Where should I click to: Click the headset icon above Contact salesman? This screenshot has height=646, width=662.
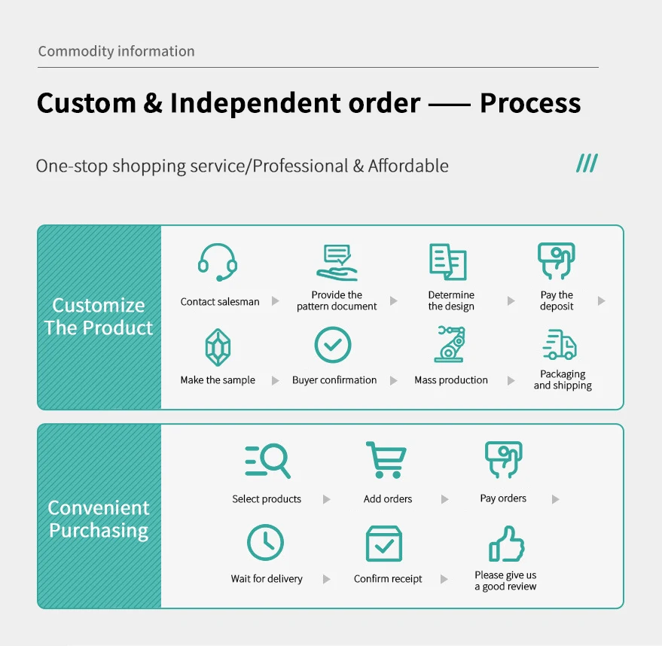click(218, 261)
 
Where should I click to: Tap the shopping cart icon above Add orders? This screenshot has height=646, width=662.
click(386, 459)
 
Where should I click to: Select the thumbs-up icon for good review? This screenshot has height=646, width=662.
click(505, 544)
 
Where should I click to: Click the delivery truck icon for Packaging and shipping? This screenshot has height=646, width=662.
click(560, 345)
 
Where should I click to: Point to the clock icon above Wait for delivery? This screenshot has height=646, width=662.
click(266, 542)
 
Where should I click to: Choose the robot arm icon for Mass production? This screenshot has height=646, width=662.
click(450, 344)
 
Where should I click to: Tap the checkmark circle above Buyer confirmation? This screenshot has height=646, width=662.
click(333, 345)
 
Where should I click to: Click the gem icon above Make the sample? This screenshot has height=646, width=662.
click(218, 347)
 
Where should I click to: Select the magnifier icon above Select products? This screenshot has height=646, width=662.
click(267, 460)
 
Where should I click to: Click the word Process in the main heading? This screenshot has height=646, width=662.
click(530, 103)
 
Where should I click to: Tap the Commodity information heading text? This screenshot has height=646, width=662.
click(116, 51)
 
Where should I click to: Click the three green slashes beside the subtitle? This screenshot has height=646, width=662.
click(587, 163)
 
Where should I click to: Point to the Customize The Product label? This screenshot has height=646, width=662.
click(99, 316)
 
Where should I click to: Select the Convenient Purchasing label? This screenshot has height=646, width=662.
click(99, 519)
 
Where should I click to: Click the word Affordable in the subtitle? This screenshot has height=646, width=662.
click(408, 166)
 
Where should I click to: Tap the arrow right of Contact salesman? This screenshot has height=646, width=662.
click(276, 301)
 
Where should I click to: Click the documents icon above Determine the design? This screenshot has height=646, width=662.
click(448, 261)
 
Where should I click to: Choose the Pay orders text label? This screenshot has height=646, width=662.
click(503, 498)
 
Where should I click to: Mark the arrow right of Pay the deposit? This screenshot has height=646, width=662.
click(601, 300)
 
